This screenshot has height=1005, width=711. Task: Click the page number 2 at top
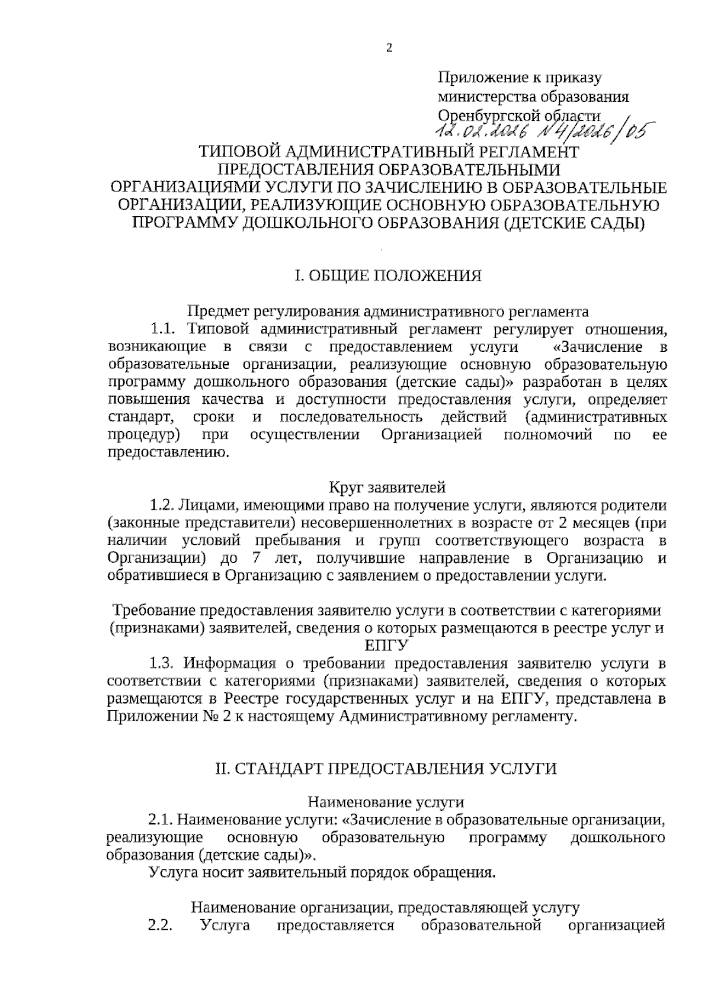tap(389, 49)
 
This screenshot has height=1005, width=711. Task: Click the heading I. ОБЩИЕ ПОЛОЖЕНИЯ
tap(388, 275)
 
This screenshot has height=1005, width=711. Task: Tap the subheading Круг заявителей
tap(386, 488)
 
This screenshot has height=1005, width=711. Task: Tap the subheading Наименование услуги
tap(386, 802)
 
